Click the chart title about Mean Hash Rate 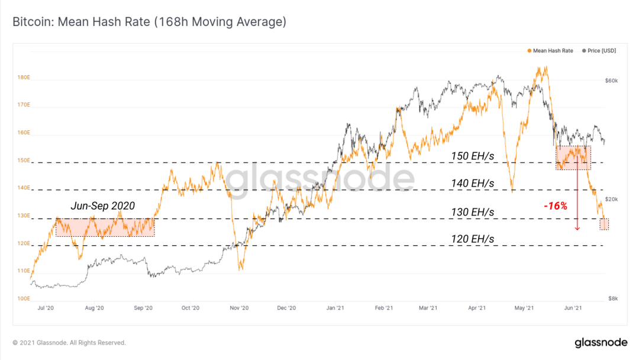coord(149,22)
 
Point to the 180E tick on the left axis coord(24,78)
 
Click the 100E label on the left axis coord(24,298)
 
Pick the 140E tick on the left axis coord(24,188)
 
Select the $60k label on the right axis coord(611,81)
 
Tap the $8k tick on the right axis coord(610,298)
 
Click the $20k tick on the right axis coord(611,200)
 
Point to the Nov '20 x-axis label coord(238,308)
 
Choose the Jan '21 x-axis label coord(335,308)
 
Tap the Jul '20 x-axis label coord(46,308)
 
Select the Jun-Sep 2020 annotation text coord(102,206)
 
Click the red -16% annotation coord(556,206)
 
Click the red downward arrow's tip coord(577,229)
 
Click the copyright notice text coord(69,343)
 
